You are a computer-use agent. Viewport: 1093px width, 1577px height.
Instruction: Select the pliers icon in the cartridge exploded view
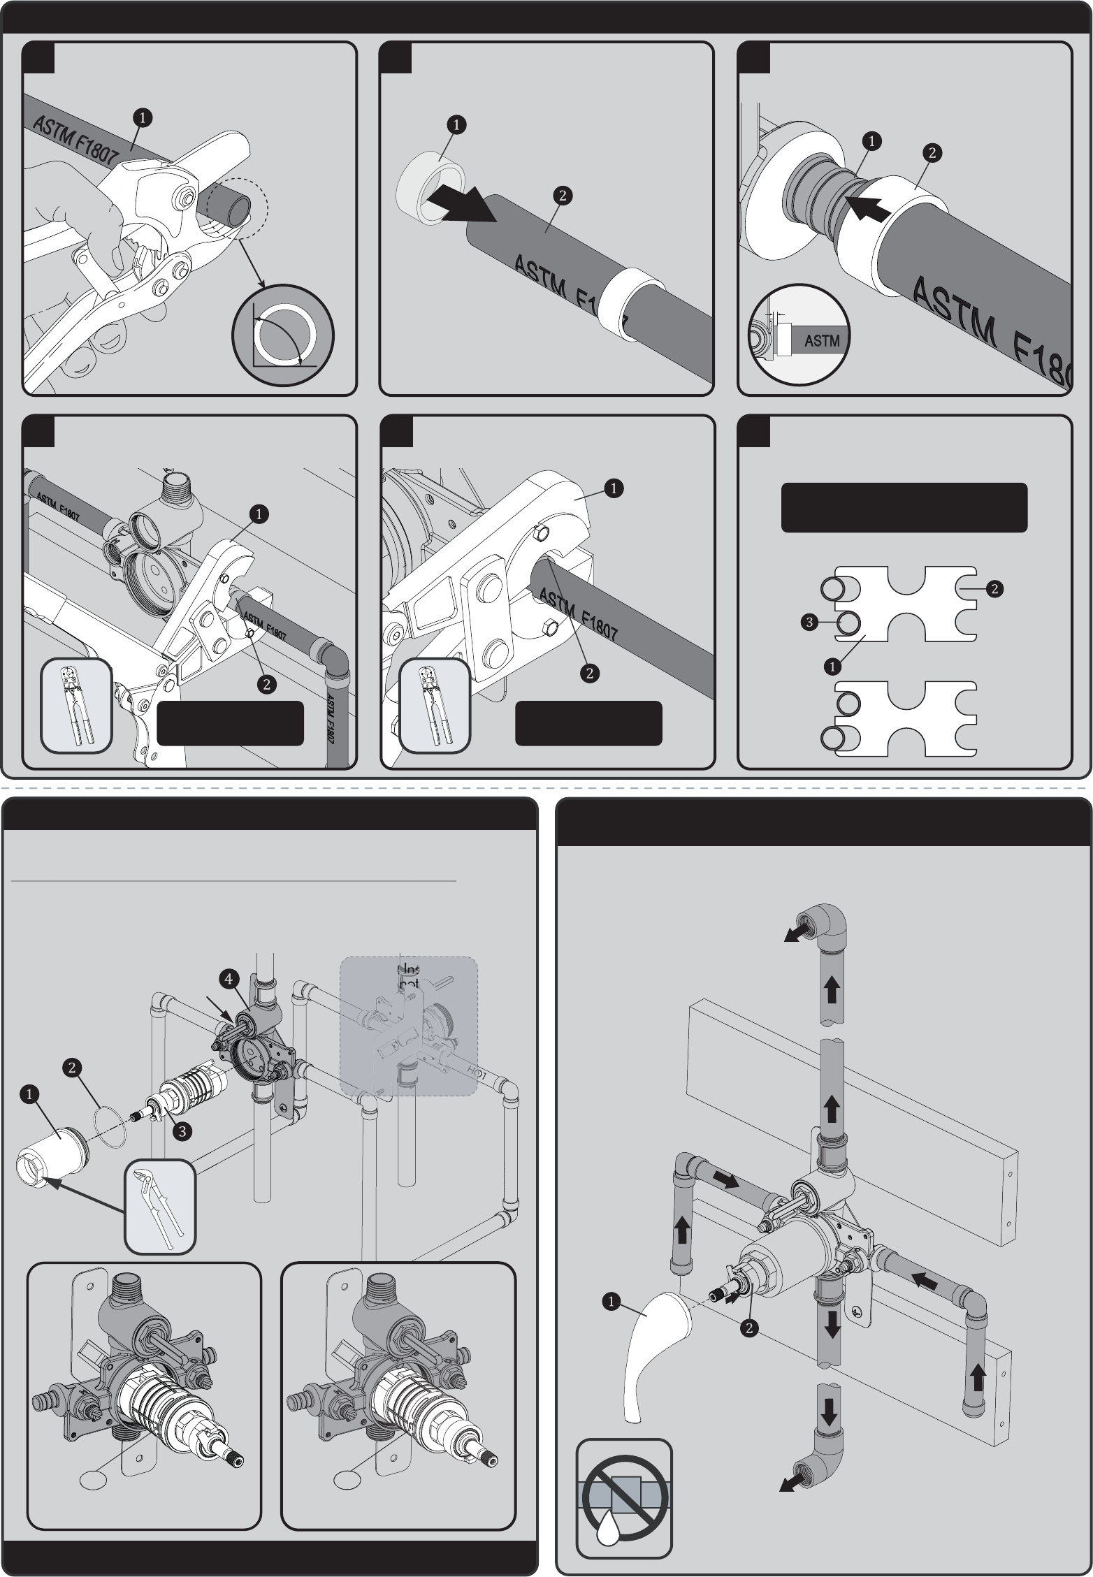tap(159, 1206)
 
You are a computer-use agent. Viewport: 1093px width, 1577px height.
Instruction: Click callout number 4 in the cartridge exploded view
tap(229, 979)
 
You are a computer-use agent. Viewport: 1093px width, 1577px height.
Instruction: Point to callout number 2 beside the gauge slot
tap(994, 589)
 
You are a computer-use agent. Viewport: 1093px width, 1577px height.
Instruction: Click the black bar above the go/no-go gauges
tap(904, 507)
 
